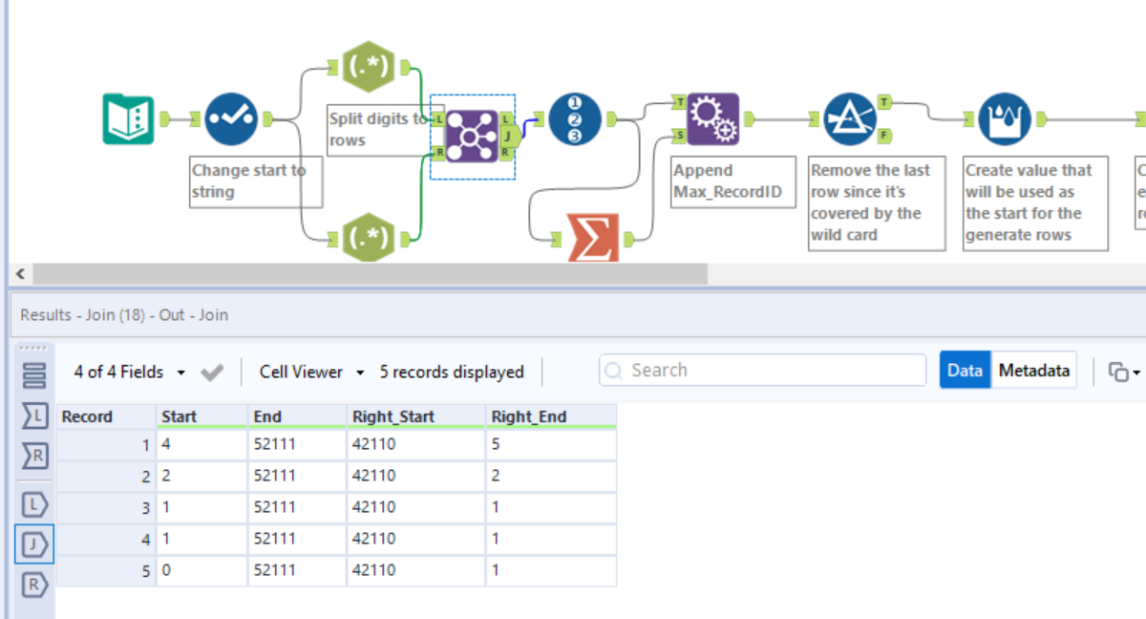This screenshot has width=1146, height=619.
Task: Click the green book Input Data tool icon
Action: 128,119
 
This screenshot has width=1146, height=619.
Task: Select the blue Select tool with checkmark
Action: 231,119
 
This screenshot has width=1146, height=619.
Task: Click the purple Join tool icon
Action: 472,136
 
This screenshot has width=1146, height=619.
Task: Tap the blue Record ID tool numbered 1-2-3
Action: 575,119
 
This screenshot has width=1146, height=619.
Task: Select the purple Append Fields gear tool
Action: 712,119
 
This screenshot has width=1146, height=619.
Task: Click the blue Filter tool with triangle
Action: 850,119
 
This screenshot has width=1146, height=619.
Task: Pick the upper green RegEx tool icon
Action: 369,67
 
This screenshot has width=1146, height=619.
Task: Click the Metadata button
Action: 1033,371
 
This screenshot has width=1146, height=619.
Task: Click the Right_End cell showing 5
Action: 550,445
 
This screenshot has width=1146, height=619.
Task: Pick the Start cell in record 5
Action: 201,570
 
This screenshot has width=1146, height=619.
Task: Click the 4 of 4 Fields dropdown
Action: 129,372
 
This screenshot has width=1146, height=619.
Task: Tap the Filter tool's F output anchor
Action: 885,136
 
